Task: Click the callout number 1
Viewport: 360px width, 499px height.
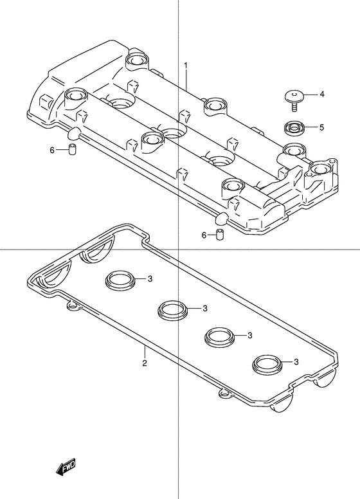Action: coord(186,66)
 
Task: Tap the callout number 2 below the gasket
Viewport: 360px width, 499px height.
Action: coord(145,363)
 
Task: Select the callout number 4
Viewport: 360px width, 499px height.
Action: coord(321,94)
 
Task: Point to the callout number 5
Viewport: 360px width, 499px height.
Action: coord(321,127)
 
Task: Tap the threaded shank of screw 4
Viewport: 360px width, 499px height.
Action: coord(294,105)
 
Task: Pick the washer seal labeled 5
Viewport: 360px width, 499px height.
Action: coord(294,128)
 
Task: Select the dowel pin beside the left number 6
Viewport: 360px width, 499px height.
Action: coord(73,150)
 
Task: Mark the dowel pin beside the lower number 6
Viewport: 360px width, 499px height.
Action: coord(219,235)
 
